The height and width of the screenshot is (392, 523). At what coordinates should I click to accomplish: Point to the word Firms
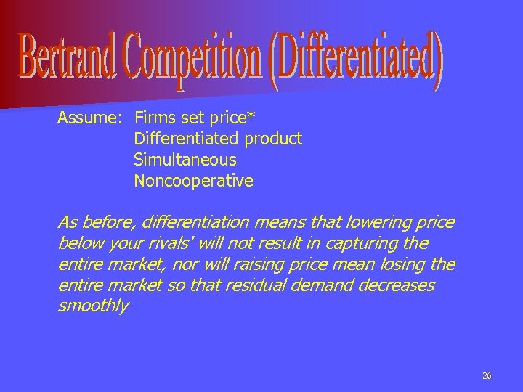coord(154,117)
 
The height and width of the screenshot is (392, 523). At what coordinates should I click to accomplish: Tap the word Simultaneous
coord(185,159)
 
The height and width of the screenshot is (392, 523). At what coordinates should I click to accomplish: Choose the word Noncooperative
coord(193,180)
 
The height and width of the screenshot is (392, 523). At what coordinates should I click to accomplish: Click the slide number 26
coord(487,375)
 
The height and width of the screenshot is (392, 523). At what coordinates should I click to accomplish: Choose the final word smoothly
coord(92,306)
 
